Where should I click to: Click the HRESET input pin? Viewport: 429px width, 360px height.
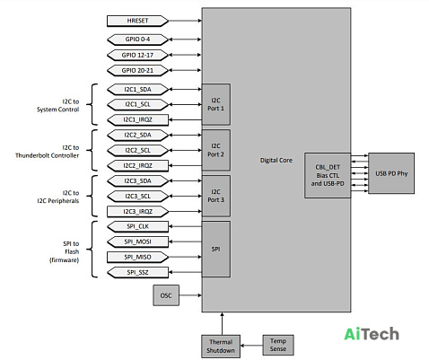(137, 21)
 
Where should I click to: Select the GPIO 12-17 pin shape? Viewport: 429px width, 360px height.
(137, 55)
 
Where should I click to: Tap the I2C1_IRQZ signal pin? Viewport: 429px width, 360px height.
(137, 119)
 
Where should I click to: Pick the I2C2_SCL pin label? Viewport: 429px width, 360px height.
(137, 150)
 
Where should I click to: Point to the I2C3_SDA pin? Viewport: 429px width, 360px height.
(137, 181)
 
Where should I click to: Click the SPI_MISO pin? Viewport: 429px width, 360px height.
(137, 257)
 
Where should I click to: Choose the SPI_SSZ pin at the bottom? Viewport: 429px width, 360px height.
(137, 272)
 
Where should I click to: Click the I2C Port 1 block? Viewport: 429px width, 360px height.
(216, 104)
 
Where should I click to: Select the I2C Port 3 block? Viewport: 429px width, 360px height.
(216, 196)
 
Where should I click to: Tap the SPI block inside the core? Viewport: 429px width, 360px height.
(216, 249)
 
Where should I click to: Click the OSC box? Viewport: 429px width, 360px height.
(166, 295)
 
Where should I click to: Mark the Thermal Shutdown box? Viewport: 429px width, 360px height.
(221, 347)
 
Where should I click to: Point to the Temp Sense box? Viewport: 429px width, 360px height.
(278, 345)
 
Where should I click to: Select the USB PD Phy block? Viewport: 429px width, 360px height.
(391, 173)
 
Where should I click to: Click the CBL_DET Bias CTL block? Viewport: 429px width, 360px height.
(328, 175)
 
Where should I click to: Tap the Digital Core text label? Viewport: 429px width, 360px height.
(276, 161)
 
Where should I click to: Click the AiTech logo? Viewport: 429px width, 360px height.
(372, 334)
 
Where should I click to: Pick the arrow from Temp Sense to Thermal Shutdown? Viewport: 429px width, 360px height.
(251, 346)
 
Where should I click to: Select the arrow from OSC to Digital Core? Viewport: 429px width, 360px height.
(190, 295)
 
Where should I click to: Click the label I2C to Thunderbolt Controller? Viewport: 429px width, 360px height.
(48, 152)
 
